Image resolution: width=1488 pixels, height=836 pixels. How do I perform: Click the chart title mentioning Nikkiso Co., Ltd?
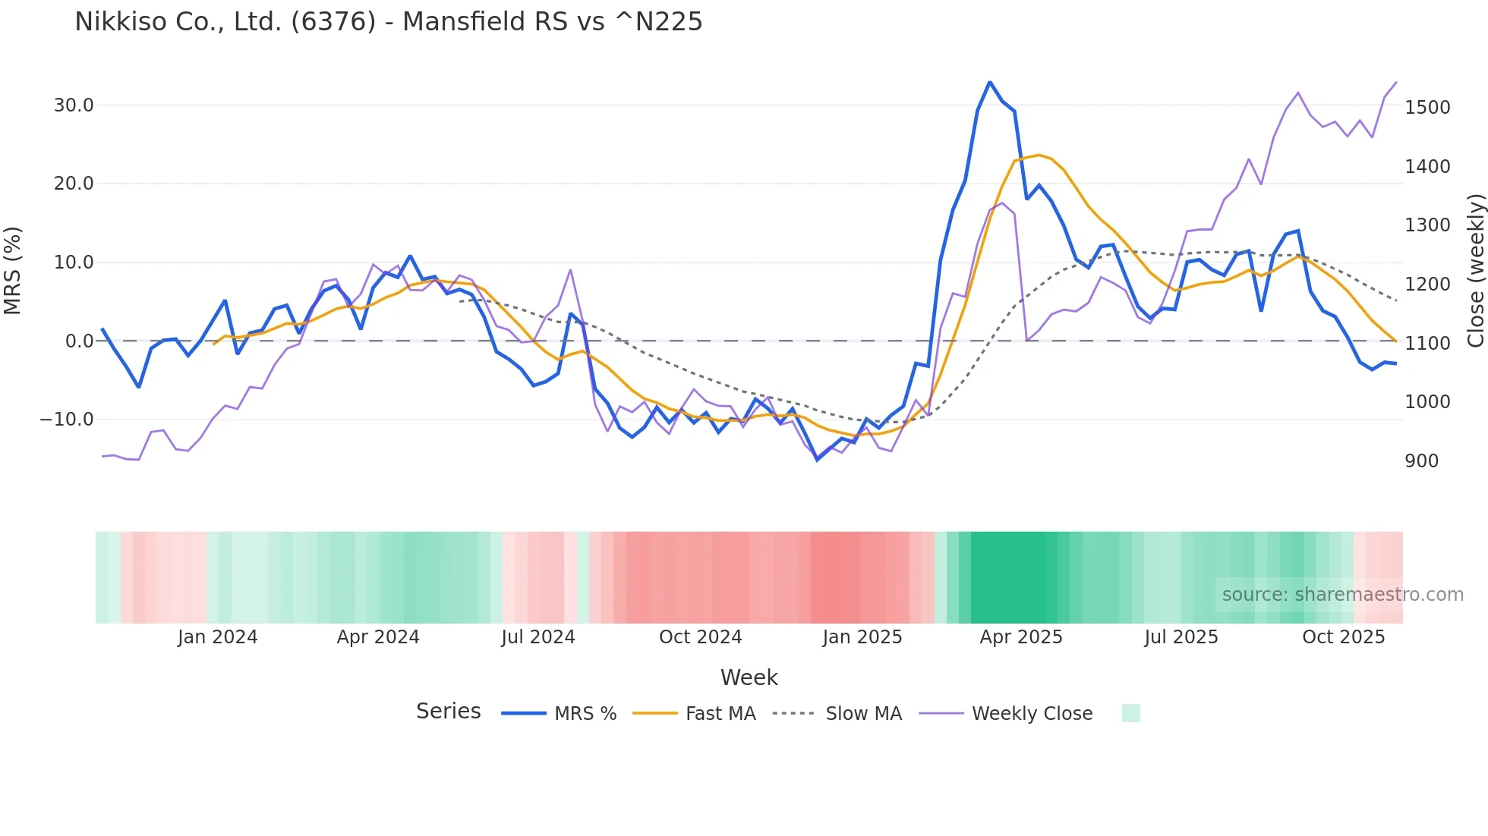388,21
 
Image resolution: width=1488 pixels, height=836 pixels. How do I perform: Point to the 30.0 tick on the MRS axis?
74,105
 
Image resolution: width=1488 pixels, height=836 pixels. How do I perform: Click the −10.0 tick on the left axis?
67,420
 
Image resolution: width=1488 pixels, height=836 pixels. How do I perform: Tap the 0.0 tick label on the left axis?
79,341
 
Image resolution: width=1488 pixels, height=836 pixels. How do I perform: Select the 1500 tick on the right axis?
1427,108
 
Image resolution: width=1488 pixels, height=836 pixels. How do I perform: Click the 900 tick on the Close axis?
1421,461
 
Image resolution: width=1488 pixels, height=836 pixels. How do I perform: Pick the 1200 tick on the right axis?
1427,284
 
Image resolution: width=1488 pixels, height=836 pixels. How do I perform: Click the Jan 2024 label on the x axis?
217,637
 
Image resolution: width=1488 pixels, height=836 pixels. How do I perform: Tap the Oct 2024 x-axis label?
700,637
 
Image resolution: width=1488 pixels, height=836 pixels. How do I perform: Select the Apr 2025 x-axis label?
1020,637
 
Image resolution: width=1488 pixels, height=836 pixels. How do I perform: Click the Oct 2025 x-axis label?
1343,637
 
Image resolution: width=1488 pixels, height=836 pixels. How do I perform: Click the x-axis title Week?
749,677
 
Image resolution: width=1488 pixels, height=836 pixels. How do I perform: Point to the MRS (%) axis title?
13,270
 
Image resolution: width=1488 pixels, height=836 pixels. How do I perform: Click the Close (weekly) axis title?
1475,270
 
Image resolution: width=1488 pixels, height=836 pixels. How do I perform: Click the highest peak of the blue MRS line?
989,82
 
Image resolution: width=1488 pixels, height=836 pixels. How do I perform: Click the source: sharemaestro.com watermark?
1342,595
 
